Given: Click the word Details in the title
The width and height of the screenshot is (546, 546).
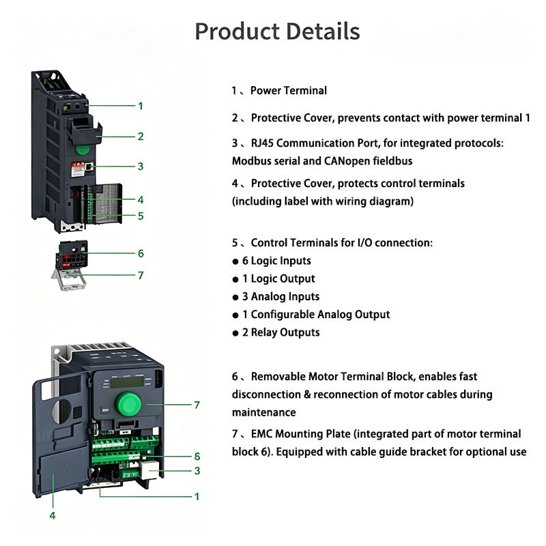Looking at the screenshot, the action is tap(323, 31).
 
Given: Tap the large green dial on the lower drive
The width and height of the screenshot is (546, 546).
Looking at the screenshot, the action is tap(128, 404).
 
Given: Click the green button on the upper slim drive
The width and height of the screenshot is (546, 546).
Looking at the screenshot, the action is tap(83, 149).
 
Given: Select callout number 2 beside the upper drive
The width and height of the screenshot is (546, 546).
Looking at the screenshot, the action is tap(141, 136).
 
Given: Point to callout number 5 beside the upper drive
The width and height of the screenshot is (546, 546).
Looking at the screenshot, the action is tap(141, 216).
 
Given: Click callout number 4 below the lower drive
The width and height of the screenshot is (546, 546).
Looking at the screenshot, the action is tap(53, 515).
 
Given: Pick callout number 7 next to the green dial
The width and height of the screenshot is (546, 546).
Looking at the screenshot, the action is tap(197, 405).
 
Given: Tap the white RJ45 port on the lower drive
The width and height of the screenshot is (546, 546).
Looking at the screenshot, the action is tap(149, 470).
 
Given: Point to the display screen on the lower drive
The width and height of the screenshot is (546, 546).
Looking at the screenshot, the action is tap(128, 382).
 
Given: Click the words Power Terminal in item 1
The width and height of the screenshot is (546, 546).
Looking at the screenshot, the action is tap(289, 91).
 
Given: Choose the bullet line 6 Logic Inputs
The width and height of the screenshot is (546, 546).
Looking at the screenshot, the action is tap(272, 261).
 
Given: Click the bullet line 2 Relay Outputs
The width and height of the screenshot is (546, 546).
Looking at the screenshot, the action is tap(276, 332).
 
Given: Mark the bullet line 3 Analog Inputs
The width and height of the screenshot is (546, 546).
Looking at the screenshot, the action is tap(276, 297).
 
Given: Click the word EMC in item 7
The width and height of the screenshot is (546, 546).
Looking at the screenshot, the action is tap(262, 434).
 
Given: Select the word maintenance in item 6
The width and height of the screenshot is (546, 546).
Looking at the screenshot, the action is tap(264, 413).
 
